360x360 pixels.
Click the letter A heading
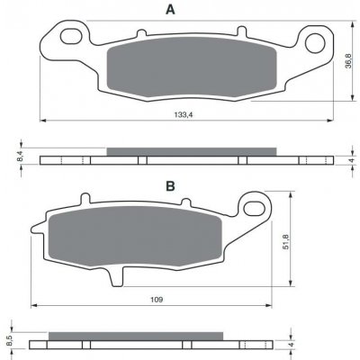pyautogui.click(x=170, y=10)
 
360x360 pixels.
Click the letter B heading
pyautogui.click(x=170, y=186)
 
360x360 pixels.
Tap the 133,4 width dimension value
pyautogui.click(x=183, y=114)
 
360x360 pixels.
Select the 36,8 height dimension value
pyautogui.click(x=348, y=61)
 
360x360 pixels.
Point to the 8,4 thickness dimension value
pyautogui.click(x=20, y=157)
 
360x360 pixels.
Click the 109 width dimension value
pyautogui.click(x=157, y=300)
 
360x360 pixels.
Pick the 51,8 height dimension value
pyautogui.click(x=285, y=241)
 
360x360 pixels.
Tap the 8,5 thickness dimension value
pyautogui.click(x=9, y=340)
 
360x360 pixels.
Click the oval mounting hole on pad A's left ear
pyautogui.click(x=71, y=36)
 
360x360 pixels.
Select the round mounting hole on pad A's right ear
pyautogui.click(x=315, y=43)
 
